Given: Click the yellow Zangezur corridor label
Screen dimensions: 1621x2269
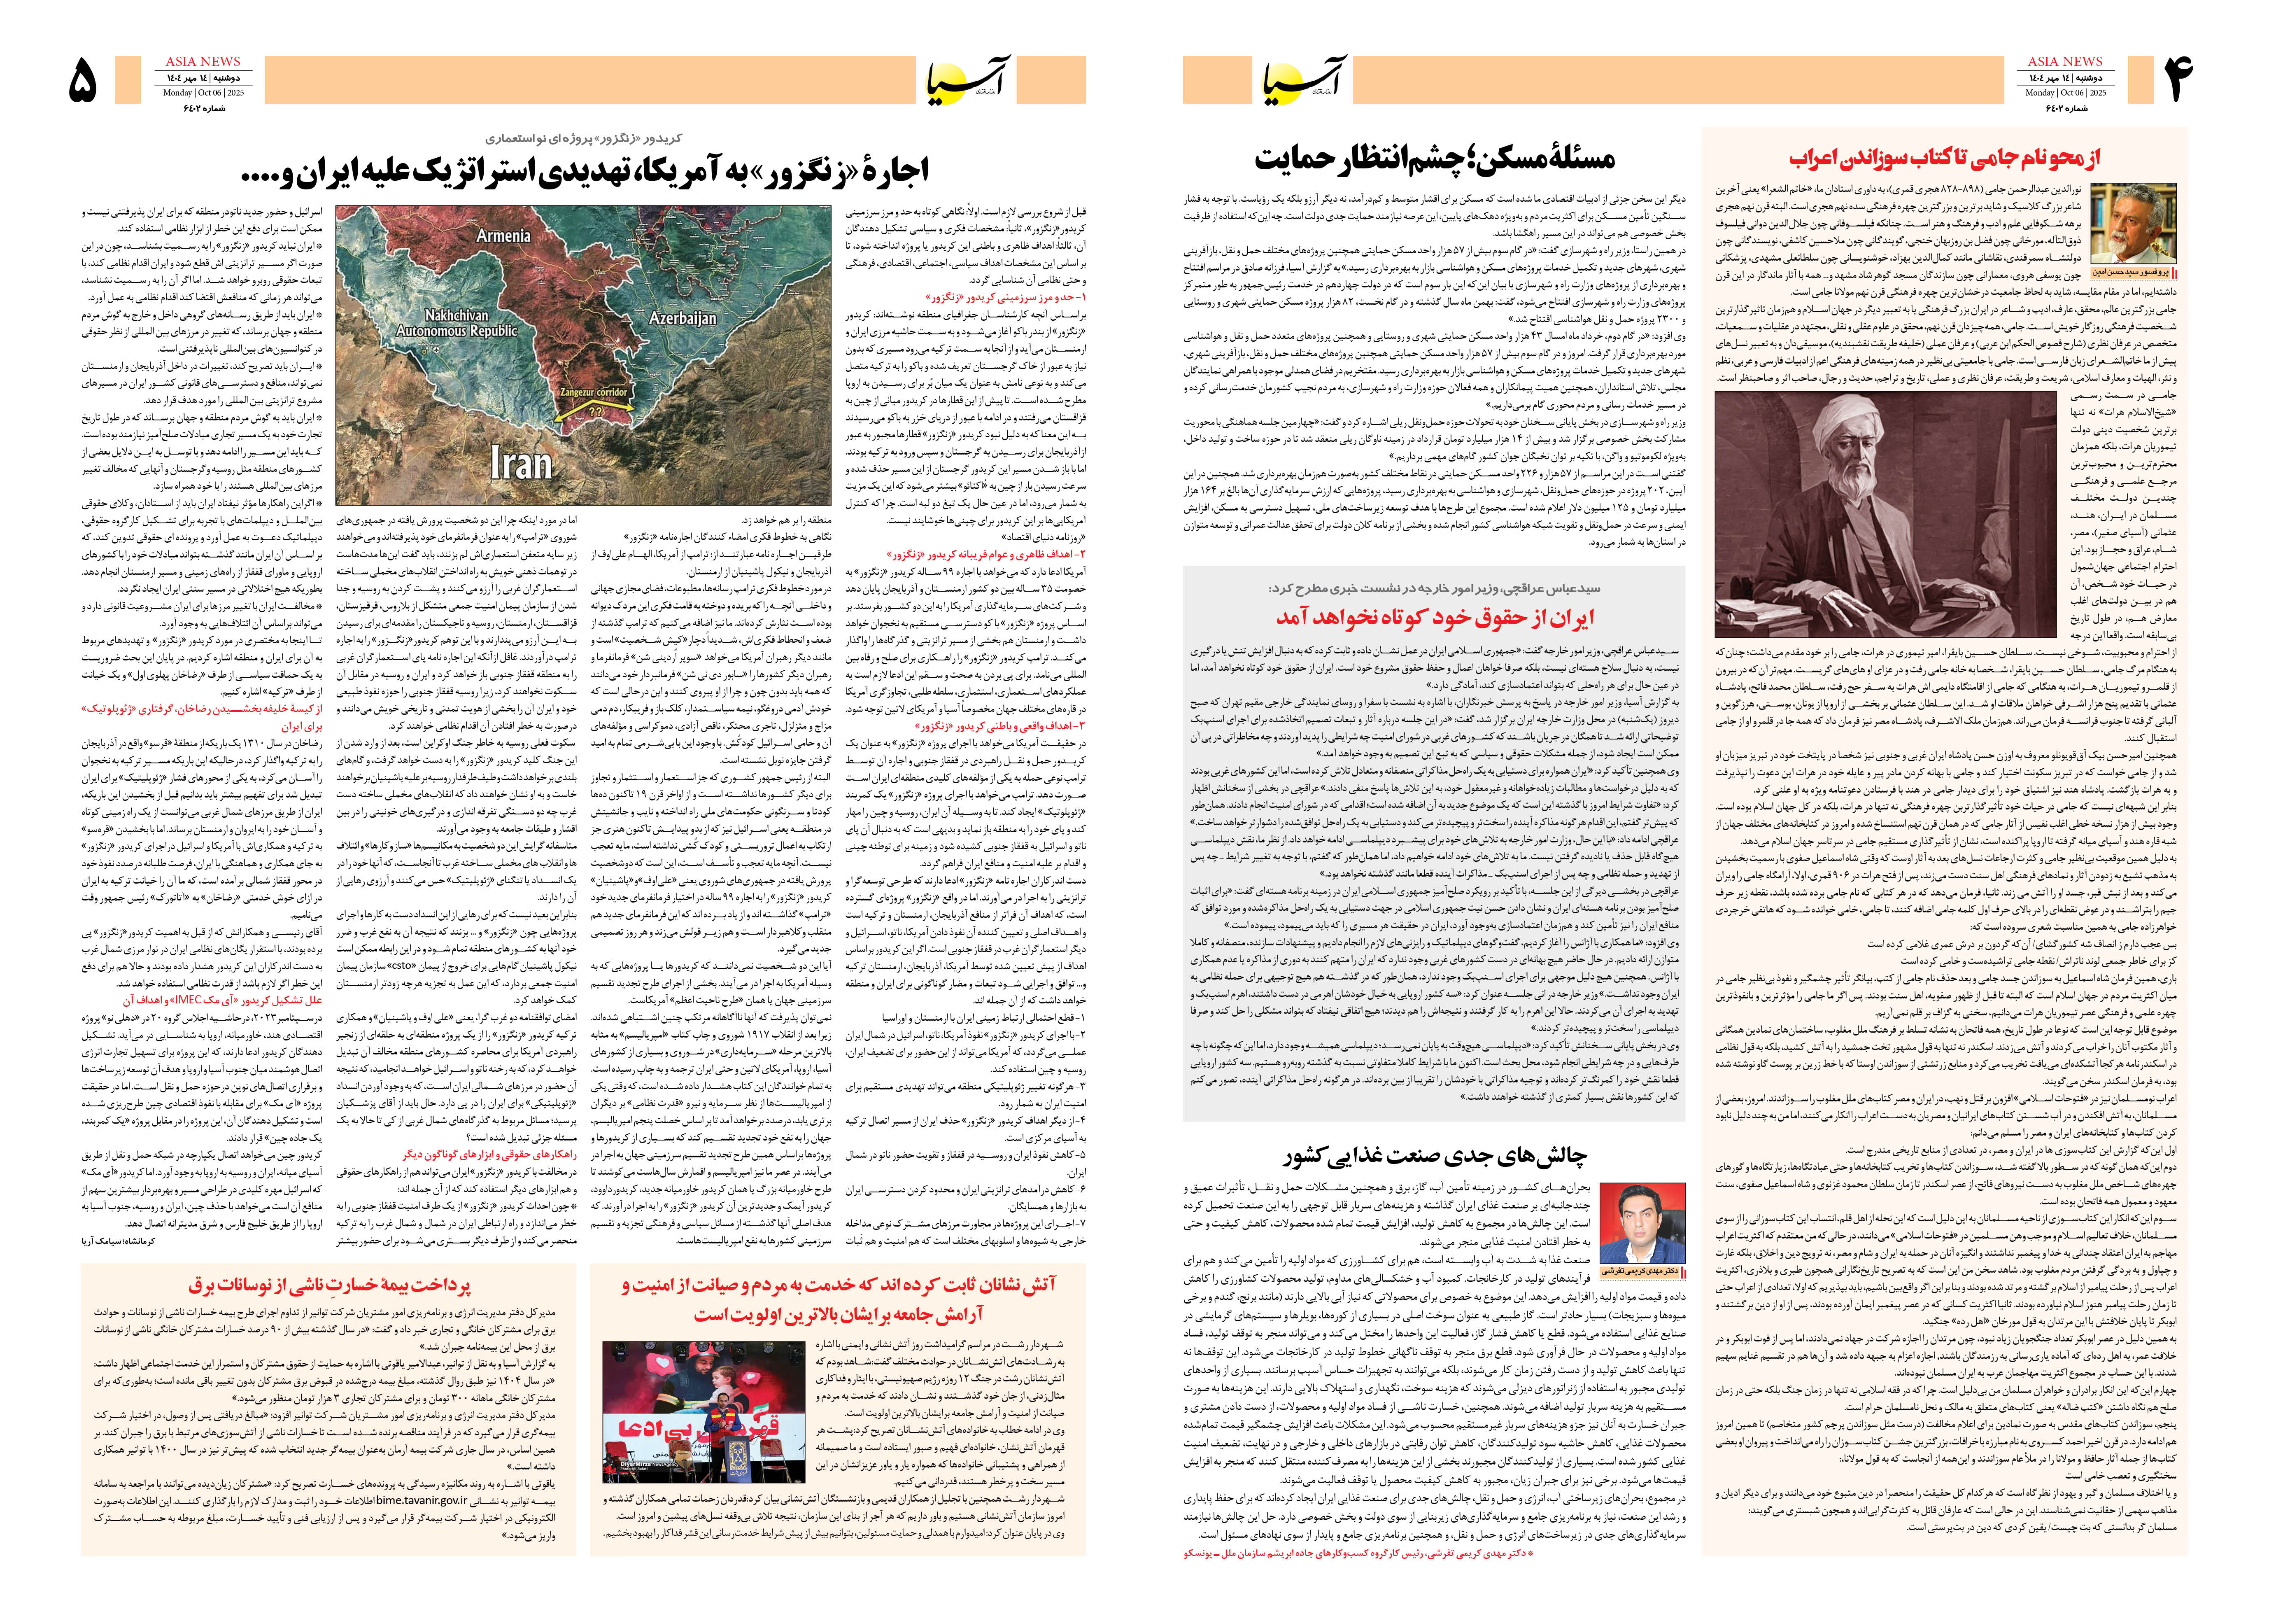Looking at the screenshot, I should coord(594,392).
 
